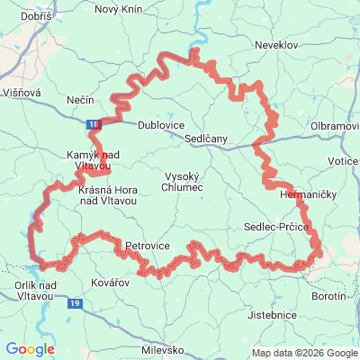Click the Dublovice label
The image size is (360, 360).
pos(159,126)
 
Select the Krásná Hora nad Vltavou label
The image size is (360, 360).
pos(107,196)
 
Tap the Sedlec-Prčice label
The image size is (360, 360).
pos(275,229)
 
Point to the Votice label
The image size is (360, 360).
pos(343,160)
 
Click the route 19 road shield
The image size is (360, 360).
pos(74,305)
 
